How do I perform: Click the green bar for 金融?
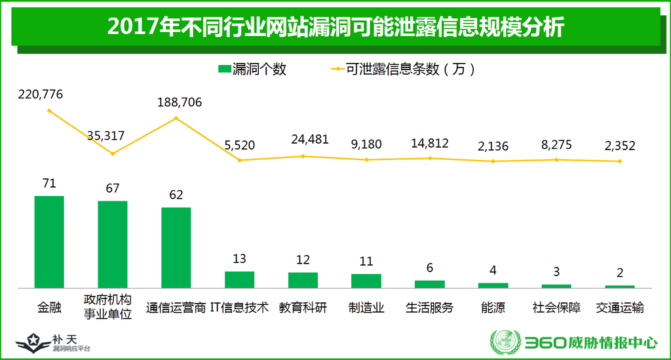49,241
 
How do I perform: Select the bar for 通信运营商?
176,247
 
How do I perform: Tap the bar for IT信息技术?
239,279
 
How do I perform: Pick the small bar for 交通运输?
619,287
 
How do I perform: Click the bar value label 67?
113,189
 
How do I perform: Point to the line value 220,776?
41,94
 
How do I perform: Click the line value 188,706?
180,102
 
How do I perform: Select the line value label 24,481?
307,140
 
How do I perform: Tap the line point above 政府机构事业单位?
113,153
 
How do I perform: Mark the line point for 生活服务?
430,158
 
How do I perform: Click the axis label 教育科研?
303,308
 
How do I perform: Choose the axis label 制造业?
366,308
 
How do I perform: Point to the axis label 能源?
493,308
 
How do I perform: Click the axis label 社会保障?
556,308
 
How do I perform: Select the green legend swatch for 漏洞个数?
223,69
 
